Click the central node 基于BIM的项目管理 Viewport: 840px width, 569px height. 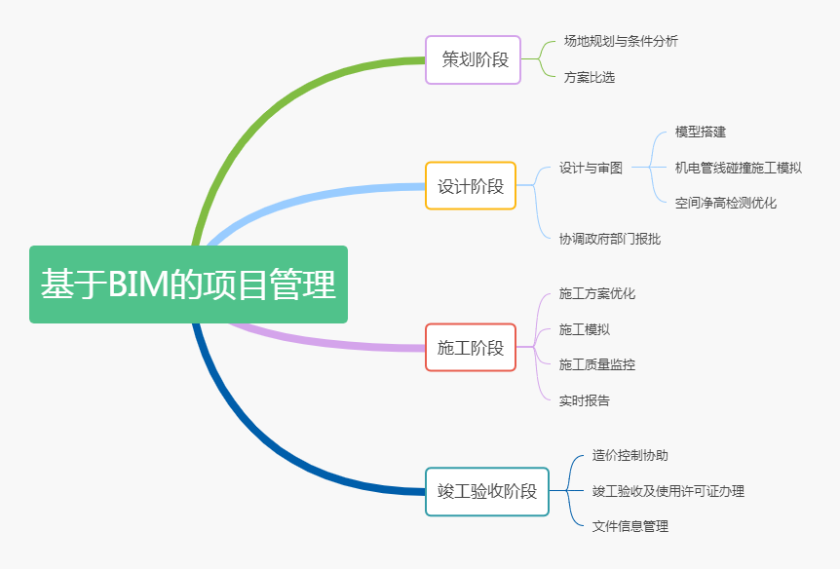[x=189, y=284]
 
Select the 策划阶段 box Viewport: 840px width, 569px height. [x=473, y=60]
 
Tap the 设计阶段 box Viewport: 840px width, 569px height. [x=471, y=185]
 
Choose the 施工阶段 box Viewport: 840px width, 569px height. [x=471, y=347]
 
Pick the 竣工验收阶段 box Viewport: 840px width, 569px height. [x=487, y=491]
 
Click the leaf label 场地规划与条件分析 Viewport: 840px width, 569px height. [x=621, y=41]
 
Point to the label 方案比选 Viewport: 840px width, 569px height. [x=590, y=77]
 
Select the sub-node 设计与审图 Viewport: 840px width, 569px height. [x=591, y=168]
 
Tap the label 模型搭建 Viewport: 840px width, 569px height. [x=701, y=132]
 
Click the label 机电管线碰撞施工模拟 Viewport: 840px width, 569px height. [x=739, y=168]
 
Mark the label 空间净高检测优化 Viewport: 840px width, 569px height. [x=725, y=203]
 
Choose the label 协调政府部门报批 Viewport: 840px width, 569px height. [x=610, y=239]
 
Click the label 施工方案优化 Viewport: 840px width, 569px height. [x=596, y=293]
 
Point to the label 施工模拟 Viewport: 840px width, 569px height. [x=584, y=329]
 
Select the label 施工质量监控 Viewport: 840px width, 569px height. [x=596, y=364]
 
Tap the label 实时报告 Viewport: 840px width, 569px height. [x=584, y=400]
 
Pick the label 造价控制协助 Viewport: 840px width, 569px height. [x=630, y=455]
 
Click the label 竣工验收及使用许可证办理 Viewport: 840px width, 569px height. [x=668, y=491]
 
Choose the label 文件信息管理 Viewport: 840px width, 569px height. [x=630, y=527]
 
